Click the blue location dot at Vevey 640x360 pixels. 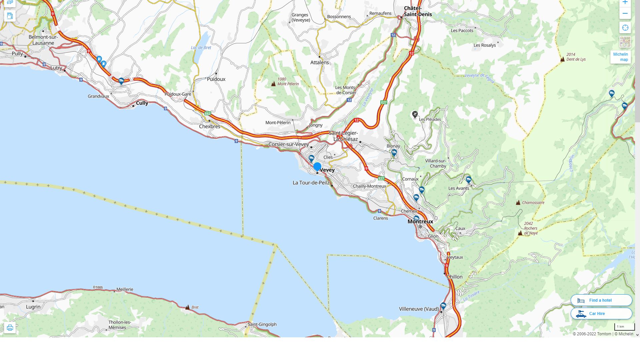click(317, 166)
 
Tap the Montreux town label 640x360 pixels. click(420, 221)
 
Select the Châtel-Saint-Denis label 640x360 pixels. click(418, 11)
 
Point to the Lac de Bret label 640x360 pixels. click(201, 48)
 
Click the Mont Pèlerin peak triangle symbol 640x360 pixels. click(273, 84)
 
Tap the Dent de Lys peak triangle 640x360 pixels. click(562, 59)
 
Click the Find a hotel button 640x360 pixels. click(601, 300)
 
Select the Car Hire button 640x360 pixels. click(601, 314)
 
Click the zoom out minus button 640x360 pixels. click(625, 14)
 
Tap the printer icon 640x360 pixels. click(10, 328)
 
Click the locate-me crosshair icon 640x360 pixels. click(625, 28)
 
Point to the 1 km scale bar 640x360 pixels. click(624, 327)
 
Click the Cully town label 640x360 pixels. click(142, 103)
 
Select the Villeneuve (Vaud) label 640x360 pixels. click(419, 309)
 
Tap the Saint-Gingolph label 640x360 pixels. click(262, 324)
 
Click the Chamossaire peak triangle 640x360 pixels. click(518, 203)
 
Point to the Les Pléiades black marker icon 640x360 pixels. click(415, 115)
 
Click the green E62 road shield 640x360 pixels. click(208, 114)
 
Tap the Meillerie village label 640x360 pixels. click(125, 289)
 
